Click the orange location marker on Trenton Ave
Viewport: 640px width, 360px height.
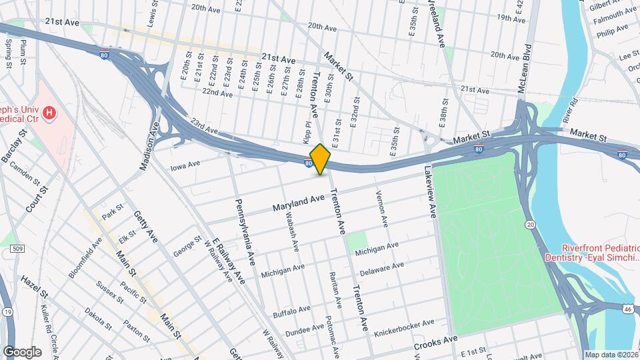[320, 159]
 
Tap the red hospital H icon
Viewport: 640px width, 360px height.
[48, 114]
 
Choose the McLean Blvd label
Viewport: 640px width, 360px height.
[528, 67]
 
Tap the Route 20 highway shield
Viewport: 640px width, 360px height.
[529, 225]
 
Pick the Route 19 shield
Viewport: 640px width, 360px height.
[7, 311]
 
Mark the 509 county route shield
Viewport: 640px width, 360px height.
[18, 249]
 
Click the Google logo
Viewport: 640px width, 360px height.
[22, 351]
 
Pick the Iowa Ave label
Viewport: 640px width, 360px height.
[185, 165]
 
